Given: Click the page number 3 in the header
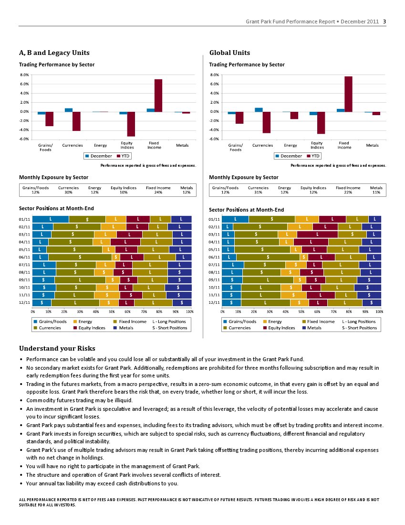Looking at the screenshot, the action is tap(384, 21).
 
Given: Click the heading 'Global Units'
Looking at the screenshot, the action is tap(229, 53).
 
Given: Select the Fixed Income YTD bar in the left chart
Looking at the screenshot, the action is tap(158, 96).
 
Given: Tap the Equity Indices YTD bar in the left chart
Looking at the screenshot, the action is tap(131, 124).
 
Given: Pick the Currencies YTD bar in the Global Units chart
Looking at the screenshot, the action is tap(267, 123).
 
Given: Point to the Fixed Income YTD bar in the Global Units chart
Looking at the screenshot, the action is tap(348, 94).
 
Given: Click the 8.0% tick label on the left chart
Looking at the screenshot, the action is tap(24, 75).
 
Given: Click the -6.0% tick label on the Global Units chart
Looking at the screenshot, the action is tap(214, 139).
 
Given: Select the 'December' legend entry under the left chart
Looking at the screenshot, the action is tap(99, 156).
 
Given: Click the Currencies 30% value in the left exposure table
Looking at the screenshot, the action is tap(69, 192).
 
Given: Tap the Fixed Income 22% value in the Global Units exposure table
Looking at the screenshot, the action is tap(348, 192).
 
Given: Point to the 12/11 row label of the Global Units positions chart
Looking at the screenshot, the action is tap(214, 303).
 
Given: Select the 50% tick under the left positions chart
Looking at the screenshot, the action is tap(112, 311).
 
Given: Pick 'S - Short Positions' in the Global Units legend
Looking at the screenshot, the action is tap(359, 328).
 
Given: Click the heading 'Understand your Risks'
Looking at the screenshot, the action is tap(57, 348).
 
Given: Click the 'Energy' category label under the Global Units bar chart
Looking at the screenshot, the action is tap(291, 145).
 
